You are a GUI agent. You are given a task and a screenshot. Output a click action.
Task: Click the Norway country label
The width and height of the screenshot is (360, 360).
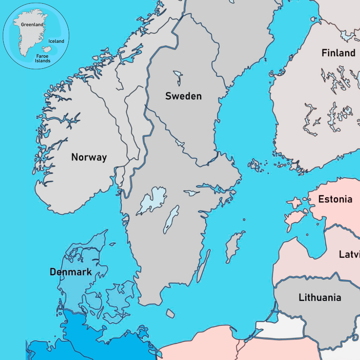(89, 157)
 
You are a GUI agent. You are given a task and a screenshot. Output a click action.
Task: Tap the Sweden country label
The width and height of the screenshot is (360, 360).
(183, 96)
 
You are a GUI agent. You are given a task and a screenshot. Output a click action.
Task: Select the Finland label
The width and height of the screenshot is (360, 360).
(338, 53)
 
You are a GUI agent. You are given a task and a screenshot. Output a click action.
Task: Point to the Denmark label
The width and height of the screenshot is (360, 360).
(71, 272)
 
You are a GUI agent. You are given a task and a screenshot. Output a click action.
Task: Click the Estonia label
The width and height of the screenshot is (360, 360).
(335, 199)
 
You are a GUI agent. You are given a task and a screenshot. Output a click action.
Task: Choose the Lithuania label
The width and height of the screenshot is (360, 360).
(320, 298)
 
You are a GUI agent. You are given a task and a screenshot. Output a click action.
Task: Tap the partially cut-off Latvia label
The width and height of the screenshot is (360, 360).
(349, 254)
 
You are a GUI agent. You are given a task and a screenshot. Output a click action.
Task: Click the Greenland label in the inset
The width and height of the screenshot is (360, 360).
(32, 25)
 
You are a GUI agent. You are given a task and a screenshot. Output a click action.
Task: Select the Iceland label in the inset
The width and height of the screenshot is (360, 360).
(56, 41)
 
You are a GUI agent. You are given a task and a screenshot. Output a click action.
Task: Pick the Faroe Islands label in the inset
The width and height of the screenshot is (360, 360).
(42, 58)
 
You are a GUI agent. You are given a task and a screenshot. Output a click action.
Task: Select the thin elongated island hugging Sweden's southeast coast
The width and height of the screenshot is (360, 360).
(203, 266)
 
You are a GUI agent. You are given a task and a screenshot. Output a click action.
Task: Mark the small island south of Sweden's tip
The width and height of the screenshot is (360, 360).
(170, 313)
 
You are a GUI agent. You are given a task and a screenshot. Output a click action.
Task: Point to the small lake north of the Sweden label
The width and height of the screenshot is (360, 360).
(178, 77)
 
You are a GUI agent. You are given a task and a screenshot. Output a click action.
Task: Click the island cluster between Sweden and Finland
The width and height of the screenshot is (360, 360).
(256, 165)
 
